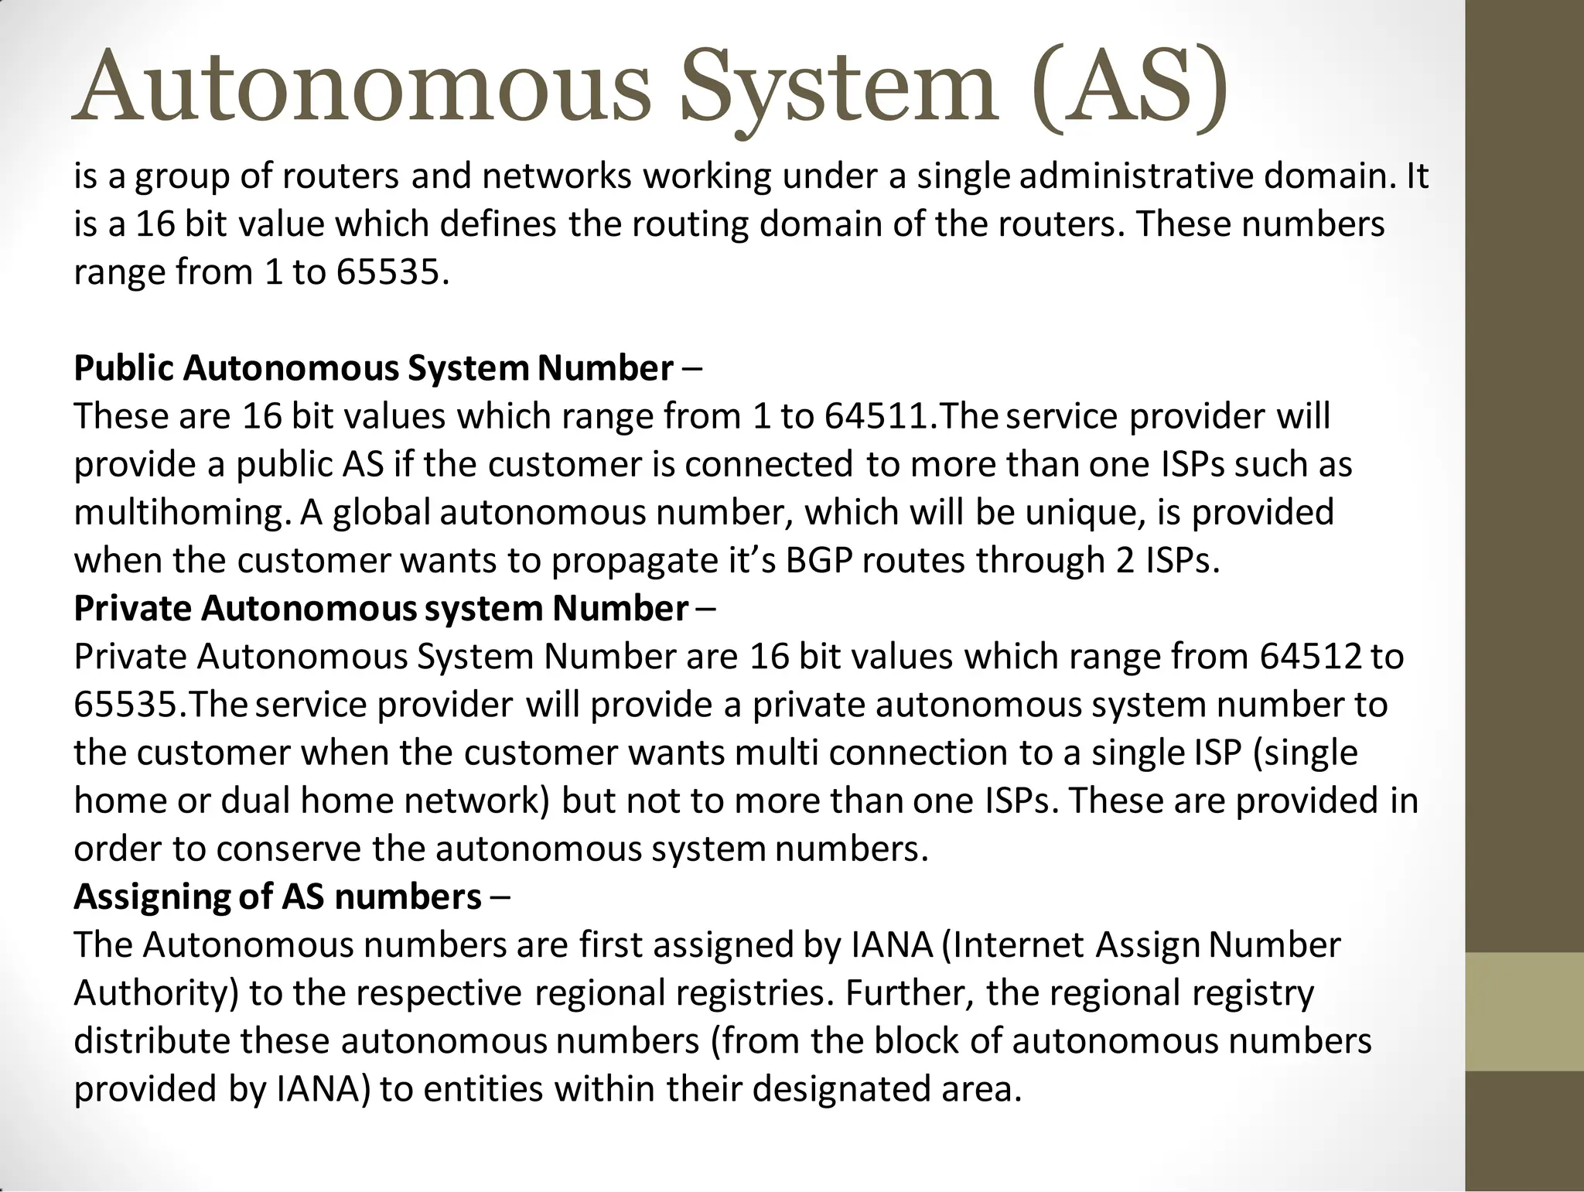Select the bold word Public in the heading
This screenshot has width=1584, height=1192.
point(124,368)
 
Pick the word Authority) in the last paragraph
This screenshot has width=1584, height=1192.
point(156,993)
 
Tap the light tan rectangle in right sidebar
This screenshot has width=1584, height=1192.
point(1524,1012)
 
